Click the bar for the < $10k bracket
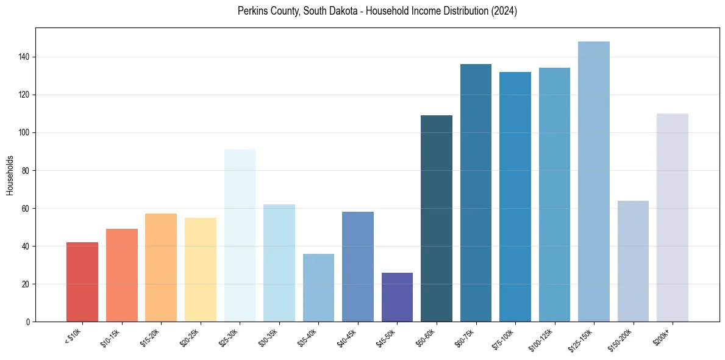(x=82, y=282)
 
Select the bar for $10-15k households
(x=121, y=275)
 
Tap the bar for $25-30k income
(x=240, y=236)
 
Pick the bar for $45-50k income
(x=397, y=297)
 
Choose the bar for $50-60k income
(x=437, y=218)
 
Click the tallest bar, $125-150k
(x=594, y=182)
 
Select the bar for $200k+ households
(x=673, y=218)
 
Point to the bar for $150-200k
(x=633, y=261)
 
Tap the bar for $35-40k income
(x=318, y=287)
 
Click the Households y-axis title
(x=10, y=175)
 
